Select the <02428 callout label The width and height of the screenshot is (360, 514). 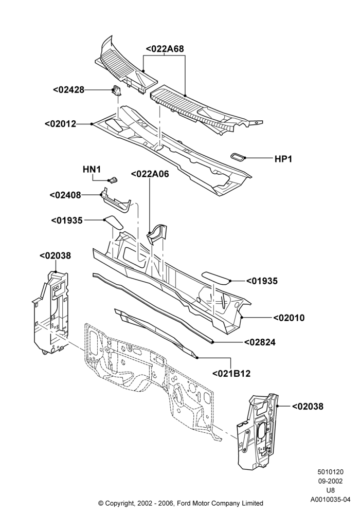(x=69, y=89)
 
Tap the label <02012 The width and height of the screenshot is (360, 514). (x=60, y=124)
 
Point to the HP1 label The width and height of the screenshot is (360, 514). (x=283, y=159)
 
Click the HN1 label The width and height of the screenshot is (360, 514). (x=92, y=169)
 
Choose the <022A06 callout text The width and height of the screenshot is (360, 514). (x=150, y=174)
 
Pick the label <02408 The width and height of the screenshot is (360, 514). (x=65, y=195)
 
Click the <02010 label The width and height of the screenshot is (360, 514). (x=289, y=318)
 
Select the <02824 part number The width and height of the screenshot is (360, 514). (x=260, y=342)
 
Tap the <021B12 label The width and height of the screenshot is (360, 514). (x=231, y=373)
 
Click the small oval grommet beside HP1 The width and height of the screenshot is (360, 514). (x=238, y=157)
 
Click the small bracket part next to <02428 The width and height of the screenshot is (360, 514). (x=116, y=90)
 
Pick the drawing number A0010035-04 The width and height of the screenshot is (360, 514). (x=331, y=500)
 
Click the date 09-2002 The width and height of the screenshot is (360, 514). (x=331, y=481)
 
